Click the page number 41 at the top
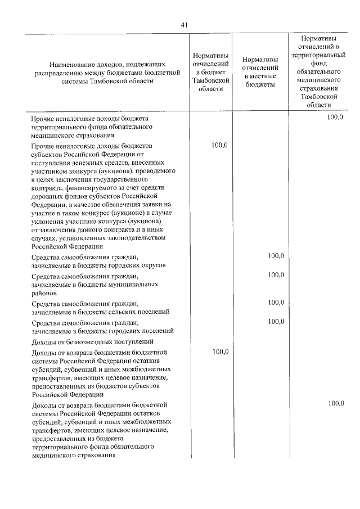pos(184,24)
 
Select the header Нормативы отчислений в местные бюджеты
pos(259,72)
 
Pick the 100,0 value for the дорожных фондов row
pos(219,145)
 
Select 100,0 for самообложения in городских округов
pos(276,256)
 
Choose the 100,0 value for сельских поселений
pos(276,303)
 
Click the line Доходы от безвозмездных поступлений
pos(93,341)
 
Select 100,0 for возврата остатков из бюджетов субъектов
pos(219,352)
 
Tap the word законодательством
pos(139,237)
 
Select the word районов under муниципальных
pos(44,293)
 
